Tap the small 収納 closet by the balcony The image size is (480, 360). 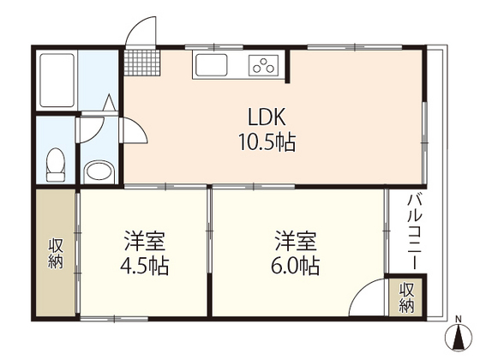pyautogui.click(x=406, y=296)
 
